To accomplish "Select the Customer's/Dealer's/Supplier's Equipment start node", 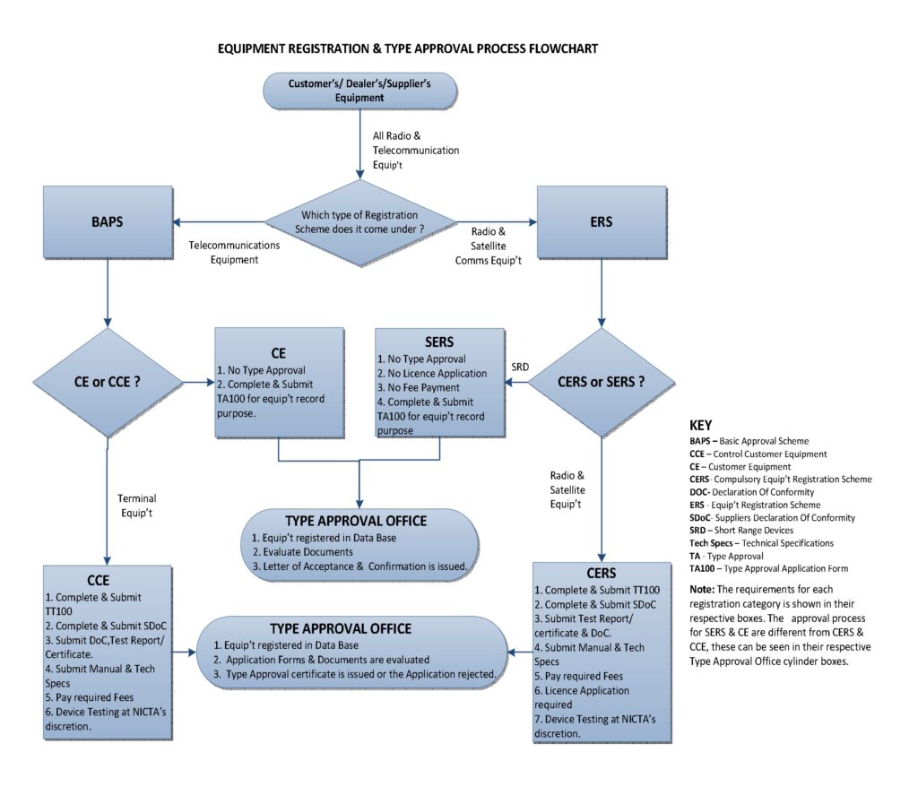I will pyautogui.click(x=359, y=91).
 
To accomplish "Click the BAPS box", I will pyautogui.click(x=108, y=222).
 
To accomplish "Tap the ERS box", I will pyautogui.click(x=601, y=221).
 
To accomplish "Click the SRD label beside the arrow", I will pyautogui.click(x=520, y=367).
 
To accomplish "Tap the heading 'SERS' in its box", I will pyautogui.click(x=439, y=342).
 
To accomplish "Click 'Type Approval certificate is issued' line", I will pyautogui.click(x=360, y=673).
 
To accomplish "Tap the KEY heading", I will pyautogui.click(x=700, y=426).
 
